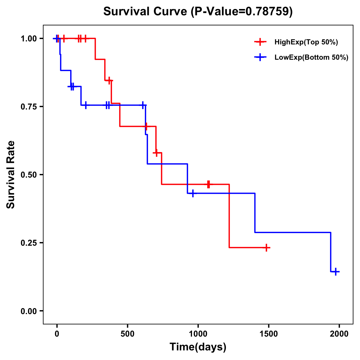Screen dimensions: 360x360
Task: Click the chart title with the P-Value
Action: click(x=198, y=11)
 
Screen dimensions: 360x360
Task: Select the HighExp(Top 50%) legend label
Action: click(x=306, y=42)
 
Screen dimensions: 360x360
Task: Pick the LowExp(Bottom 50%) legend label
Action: click(x=311, y=58)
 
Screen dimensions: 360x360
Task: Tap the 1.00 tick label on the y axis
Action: click(x=28, y=39)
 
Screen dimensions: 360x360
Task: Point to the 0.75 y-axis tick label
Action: click(x=28, y=107)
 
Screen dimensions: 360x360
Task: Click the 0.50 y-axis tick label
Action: click(x=28, y=175)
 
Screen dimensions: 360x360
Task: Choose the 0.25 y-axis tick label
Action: click(x=28, y=243)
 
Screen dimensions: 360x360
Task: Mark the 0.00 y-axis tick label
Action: click(x=28, y=311)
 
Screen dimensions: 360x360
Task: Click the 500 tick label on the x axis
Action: click(x=127, y=334)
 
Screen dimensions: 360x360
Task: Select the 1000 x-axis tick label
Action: click(x=198, y=334)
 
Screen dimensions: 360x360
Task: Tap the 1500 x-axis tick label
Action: click(x=268, y=334)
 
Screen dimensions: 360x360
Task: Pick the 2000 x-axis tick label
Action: click(x=339, y=334)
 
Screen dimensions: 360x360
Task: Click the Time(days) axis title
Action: click(x=198, y=347)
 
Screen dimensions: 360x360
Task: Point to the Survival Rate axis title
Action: click(x=11, y=175)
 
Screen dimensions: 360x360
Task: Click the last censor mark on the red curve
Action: click(x=266, y=247)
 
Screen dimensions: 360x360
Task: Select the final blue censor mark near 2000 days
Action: click(x=336, y=271)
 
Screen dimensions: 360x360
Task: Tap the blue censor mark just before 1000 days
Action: click(x=193, y=193)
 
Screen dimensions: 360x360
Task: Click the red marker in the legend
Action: click(x=260, y=42)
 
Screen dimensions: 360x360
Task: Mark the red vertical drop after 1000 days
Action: click(x=229, y=216)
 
